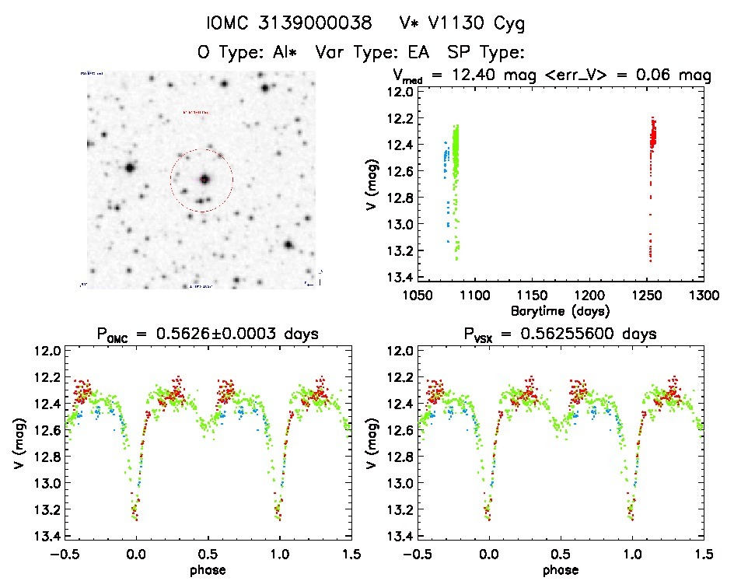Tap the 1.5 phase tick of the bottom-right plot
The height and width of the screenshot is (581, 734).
(704, 555)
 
